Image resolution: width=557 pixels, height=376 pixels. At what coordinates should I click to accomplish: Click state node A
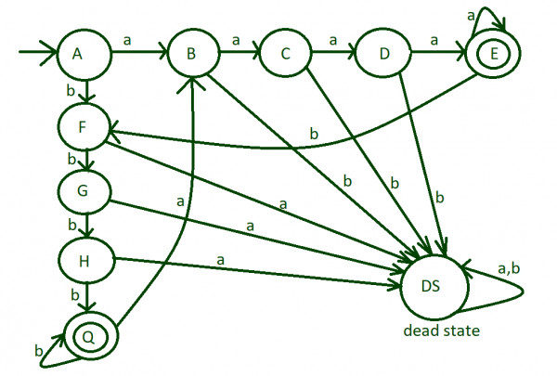pyautogui.click(x=84, y=53)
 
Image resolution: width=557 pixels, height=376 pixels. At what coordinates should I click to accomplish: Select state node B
pyautogui.click(x=190, y=53)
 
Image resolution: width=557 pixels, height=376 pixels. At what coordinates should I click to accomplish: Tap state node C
pyautogui.click(x=287, y=53)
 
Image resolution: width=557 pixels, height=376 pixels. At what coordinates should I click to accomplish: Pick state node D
pyautogui.click(x=382, y=53)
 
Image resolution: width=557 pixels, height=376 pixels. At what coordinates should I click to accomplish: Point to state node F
pyautogui.click(x=84, y=128)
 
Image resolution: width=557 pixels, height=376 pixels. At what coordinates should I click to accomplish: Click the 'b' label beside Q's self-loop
pyautogui.click(x=38, y=351)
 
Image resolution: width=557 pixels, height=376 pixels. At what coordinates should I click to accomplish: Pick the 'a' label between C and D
pyautogui.click(x=332, y=40)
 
